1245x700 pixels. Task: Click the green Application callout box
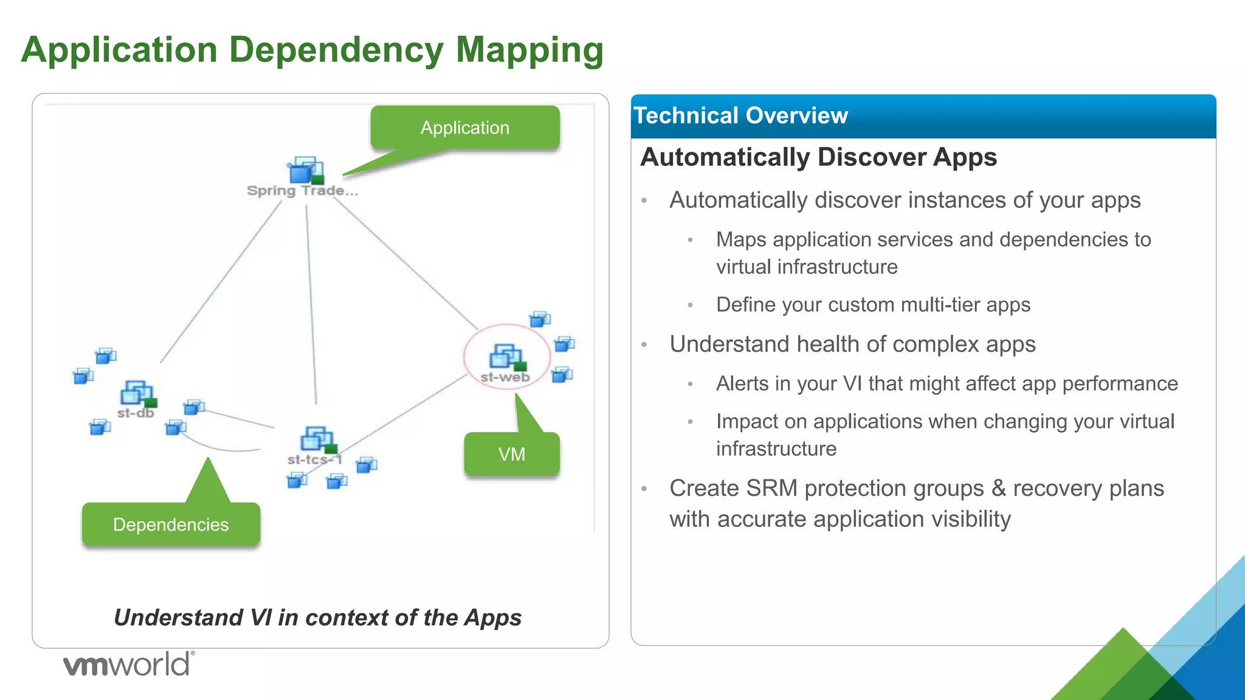coord(465,128)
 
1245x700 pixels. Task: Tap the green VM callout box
coord(511,454)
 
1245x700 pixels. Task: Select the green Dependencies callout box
coord(171,524)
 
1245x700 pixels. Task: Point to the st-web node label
coord(505,377)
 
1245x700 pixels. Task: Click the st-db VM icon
coord(138,394)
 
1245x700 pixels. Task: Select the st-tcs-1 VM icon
coord(317,439)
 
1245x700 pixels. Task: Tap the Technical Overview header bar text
coord(740,115)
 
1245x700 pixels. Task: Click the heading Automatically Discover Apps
coord(818,157)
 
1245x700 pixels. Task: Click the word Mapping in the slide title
coord(529,50)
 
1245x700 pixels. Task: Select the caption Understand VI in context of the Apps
coord(317,617)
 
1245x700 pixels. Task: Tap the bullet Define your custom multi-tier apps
coord(873,304)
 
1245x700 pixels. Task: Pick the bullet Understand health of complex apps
coord(852,344)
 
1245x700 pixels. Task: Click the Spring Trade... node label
coord(302,191)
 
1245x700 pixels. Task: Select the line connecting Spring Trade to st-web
coord(406,263)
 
